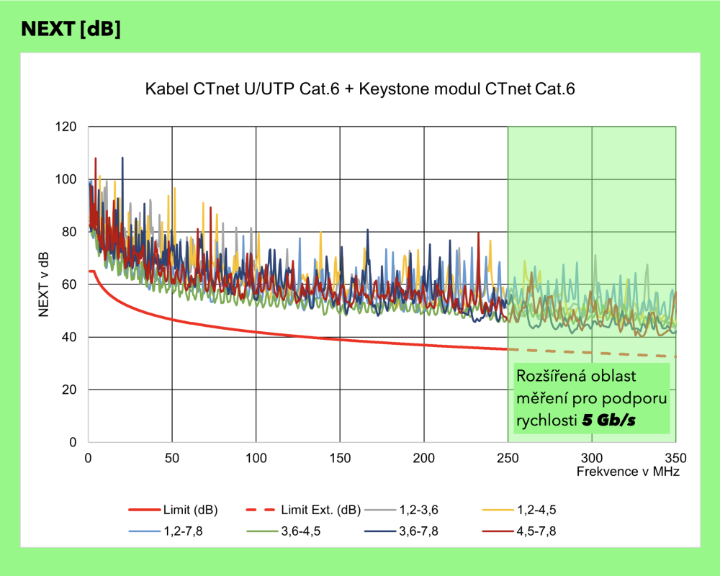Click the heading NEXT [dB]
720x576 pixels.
coord(71,29)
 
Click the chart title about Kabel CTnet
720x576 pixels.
coord(361,90)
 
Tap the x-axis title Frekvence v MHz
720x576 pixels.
coord(628,472)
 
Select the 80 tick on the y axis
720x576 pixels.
coord(70,232)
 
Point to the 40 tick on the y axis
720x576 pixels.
coord(70,337)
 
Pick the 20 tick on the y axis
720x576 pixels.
coord(70,390)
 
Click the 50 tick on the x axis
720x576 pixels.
coord(171,457)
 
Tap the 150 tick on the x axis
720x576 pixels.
coord(340,457)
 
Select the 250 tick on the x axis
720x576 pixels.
coord(508,457)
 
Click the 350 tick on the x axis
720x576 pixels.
coord(675,457)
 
